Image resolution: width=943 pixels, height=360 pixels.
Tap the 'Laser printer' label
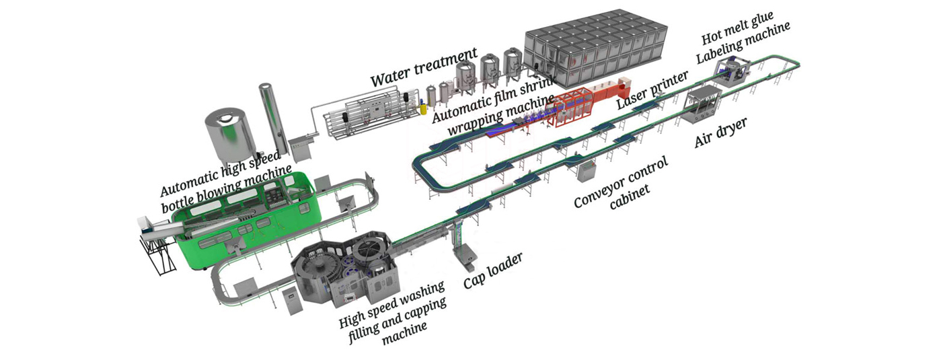pos(652,88)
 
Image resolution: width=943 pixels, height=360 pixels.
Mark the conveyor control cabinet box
pos(587,170)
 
